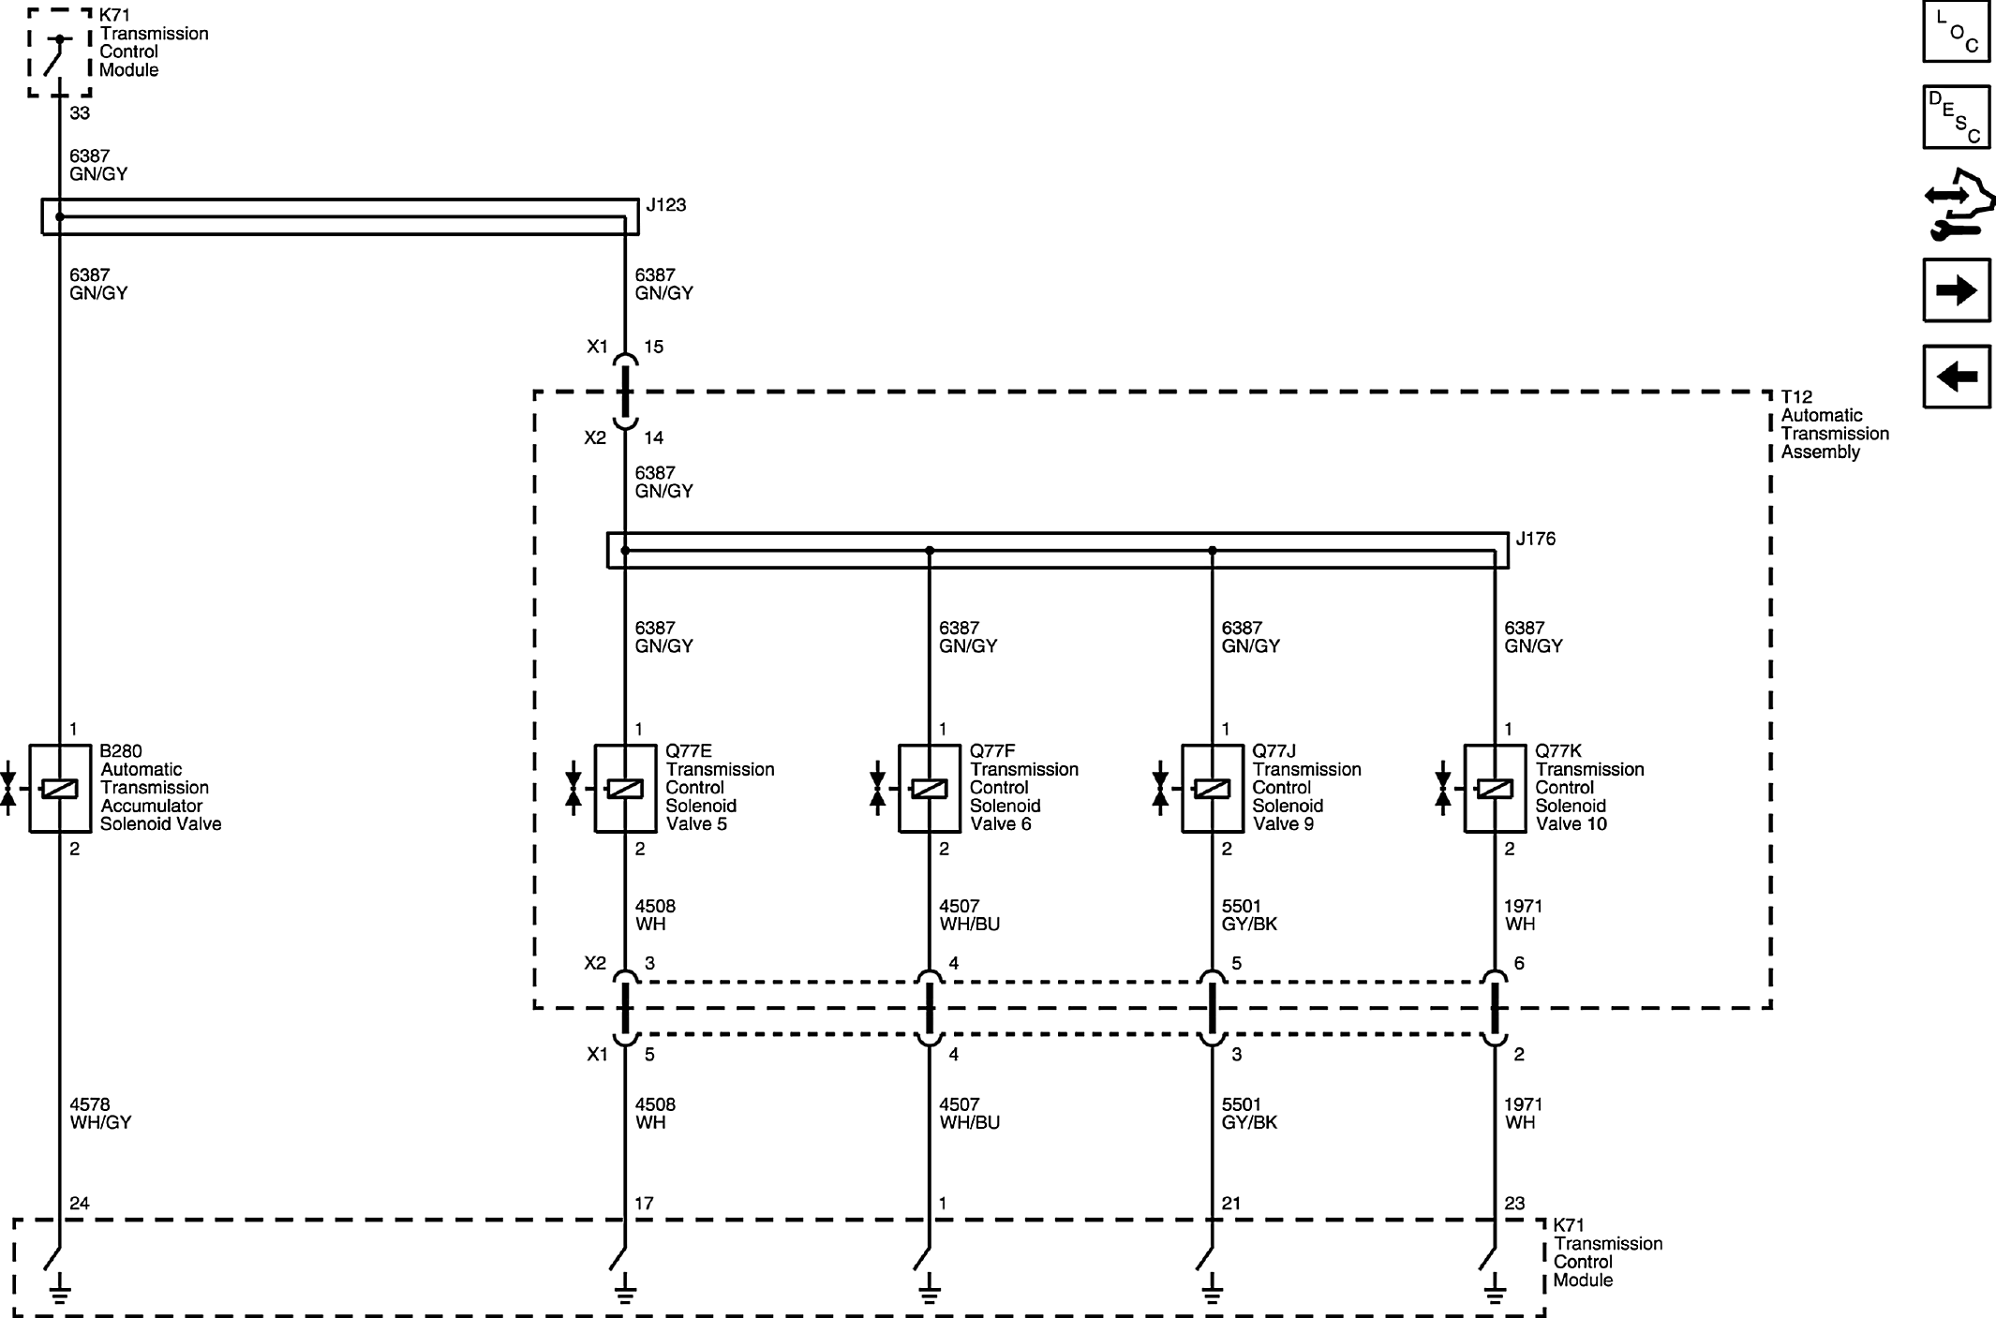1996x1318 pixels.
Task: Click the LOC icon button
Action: (x=1956, y=31)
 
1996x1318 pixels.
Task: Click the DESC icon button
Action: (x=1956, y=117)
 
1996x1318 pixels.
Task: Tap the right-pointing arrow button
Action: (x=1956, y=290)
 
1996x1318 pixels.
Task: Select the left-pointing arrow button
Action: (x=1956, y=377)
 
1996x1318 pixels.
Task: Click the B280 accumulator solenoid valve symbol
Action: (x=60, y=789)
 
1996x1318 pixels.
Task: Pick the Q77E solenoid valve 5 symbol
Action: (x=625, y=789)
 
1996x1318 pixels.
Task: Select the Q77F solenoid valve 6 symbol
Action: (x=929, y=789)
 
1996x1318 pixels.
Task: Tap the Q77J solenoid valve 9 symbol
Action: (x=1212, y=789)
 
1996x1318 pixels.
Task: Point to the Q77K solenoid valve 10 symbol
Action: (x=1495, y=789)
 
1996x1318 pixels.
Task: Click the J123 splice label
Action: (x=665, y=205)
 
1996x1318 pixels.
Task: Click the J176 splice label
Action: (x=1536, y=540)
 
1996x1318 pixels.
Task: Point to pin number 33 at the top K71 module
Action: (x=80, y=113)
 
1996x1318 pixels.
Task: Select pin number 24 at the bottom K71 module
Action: (x=80, y=1204)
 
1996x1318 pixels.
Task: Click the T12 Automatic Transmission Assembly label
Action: (x=1835, y=424)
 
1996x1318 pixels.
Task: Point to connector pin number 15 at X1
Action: (x=653, y=348)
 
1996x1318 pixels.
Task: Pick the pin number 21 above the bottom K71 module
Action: (x=1231, y=1204)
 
